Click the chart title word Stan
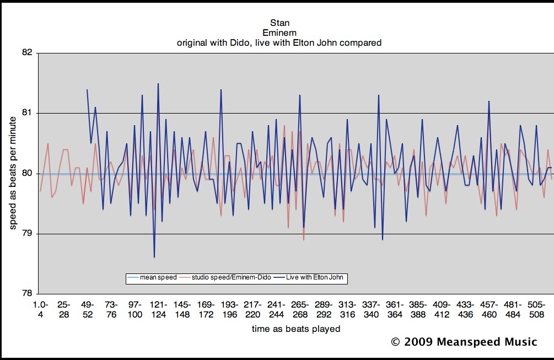pos(279,23)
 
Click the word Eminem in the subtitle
pos(279,33)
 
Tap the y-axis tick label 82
pos(27,53)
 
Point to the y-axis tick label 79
pos(27,234)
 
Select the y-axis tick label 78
pos(27,294)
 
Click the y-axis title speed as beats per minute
pos(13,173)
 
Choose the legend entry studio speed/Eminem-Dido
pos(231,277)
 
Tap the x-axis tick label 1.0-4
pos(40,309)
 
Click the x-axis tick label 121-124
pos(158,309)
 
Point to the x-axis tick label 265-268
pos(300,309)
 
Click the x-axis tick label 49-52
pos(88,309)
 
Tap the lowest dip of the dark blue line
pos(154,257)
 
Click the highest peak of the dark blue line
pos(158,84)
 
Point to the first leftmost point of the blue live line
pos(87,89)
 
